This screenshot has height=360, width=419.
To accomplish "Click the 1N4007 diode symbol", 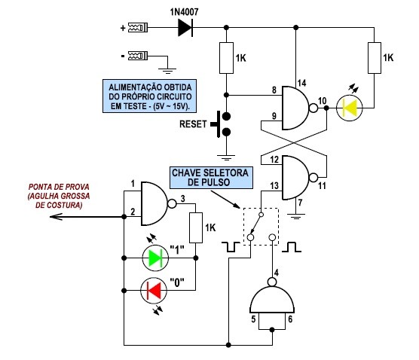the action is point(185,28).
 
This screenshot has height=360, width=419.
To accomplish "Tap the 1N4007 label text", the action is point(185,12).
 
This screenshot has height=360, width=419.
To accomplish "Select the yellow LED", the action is point(350,108).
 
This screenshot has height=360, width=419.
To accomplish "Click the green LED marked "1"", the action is point(155,258).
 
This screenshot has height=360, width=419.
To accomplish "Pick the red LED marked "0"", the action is point(154,291).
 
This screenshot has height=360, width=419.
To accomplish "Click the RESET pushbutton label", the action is point(193,124).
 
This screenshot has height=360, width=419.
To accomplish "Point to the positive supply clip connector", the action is point(138,28).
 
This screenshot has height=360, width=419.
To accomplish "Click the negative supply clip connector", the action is point(138,56).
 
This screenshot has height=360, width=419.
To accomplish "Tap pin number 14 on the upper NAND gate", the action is point(301,83).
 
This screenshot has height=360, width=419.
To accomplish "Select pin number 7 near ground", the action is point(301,203).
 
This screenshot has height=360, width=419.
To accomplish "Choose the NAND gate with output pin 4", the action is point(272,296).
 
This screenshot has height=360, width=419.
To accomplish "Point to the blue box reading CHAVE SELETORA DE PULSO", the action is point(211,178).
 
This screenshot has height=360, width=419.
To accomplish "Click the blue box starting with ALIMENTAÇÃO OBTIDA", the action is point(150,96).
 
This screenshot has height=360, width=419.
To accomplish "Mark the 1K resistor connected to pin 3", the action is point(196,227).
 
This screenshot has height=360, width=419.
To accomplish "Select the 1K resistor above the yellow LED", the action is point(375,58).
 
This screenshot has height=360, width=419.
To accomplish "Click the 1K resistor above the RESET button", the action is point(226,58).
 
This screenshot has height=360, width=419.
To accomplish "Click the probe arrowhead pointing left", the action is point(56,217).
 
